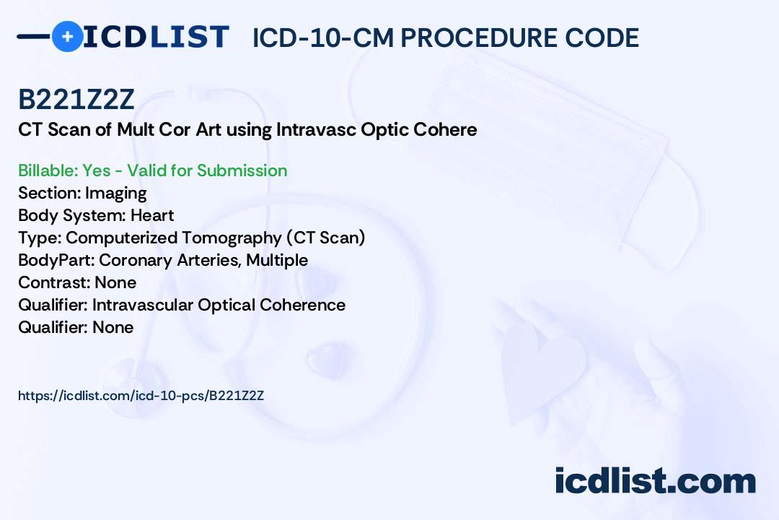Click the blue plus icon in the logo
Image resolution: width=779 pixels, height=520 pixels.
click(67, 36)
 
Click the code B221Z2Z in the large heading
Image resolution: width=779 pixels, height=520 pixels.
click(76, 100)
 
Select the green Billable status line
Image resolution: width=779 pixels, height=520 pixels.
click(152, 170)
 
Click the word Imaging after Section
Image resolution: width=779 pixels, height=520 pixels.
click(115, 194)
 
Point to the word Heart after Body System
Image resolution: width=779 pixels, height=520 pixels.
click(152, 215)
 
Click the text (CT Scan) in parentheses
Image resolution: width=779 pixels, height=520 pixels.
click(325, 238)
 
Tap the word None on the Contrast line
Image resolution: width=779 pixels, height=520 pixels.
click(115, 282)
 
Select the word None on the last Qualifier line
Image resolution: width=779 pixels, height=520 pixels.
click(113, 327)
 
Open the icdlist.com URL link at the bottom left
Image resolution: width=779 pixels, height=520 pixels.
click(141, 396)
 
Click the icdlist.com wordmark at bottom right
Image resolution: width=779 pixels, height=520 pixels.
click(655, 480)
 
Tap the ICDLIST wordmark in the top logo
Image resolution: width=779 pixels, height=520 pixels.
click(156, 37)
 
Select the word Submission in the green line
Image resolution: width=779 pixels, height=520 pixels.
click(242, 170)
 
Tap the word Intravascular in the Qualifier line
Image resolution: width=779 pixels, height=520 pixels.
click(143, 305)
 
